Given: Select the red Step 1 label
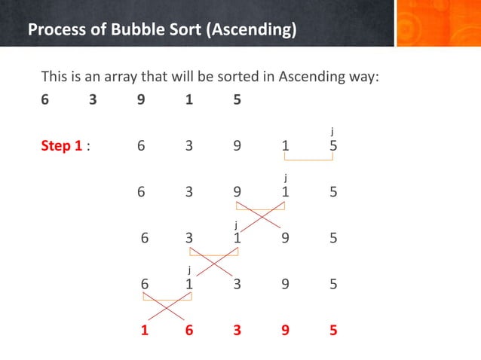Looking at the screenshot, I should [x=62, y=146].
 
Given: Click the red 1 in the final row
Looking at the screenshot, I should [x=144, y=330].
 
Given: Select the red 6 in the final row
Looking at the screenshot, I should [x=189, y=330].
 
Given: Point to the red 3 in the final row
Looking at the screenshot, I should [x=237, y=330].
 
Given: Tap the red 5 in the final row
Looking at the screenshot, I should [x=333, y=330].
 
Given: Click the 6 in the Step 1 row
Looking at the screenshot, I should [x=141, y=146].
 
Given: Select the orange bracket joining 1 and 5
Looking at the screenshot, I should [x=308, y=159].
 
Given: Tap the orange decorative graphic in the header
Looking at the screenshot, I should [x=437, y=23].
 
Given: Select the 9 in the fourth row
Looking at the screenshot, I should [x=285, y=285].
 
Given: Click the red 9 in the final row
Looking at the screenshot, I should [x=285, y=330].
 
